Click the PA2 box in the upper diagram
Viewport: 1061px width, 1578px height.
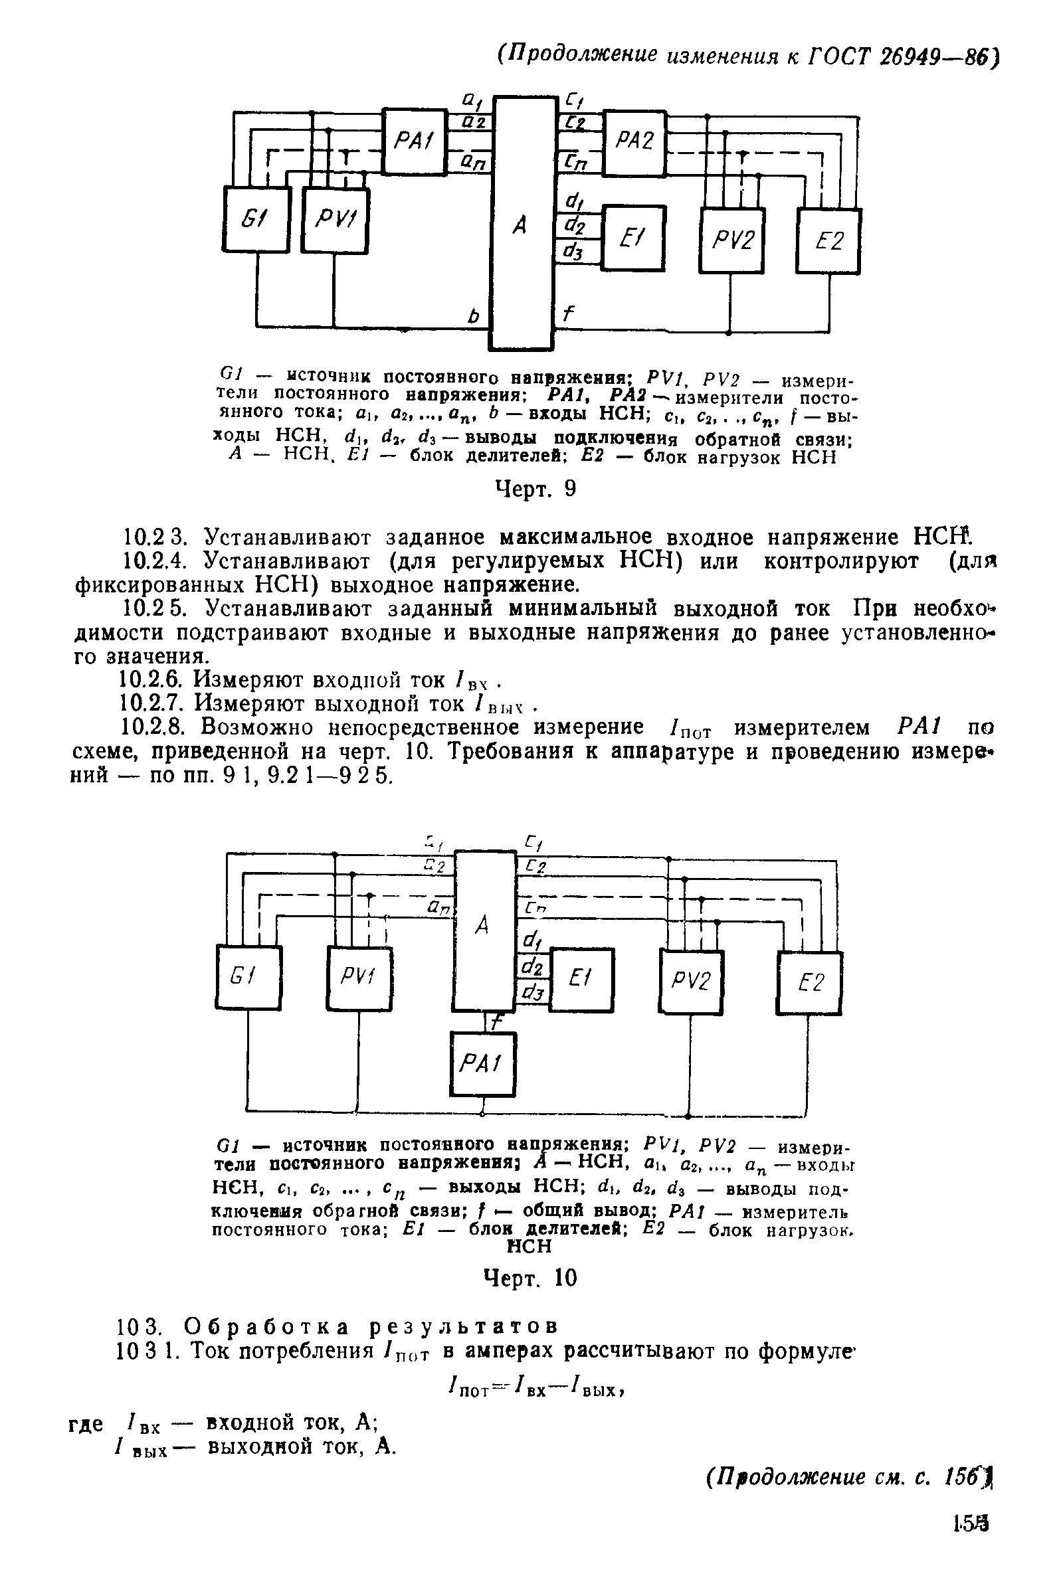pyautogui.click(x=634, y=142)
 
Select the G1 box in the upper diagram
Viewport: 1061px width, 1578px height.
pyautogui.click(x=256, y=219)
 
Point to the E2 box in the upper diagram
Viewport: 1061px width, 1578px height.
pyautogui.click(x=828, y=241)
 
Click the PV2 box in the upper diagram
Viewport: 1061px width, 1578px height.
pyautogui.click(x=731, y=241)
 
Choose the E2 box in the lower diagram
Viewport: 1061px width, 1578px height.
pyautogui.click(x=809, y=982)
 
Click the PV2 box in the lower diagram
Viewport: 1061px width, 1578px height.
pyautogui.click(x=692, y=981)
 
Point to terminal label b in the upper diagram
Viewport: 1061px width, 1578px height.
pyautogui.click(x=473, y=315)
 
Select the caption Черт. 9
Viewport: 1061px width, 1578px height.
pyautogui.click(x=536, y=488)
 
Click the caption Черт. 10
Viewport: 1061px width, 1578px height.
pyautogui.click(x=530, y=1278)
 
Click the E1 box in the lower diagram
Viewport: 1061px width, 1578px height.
pyautogui.click(x=581, y=979)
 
